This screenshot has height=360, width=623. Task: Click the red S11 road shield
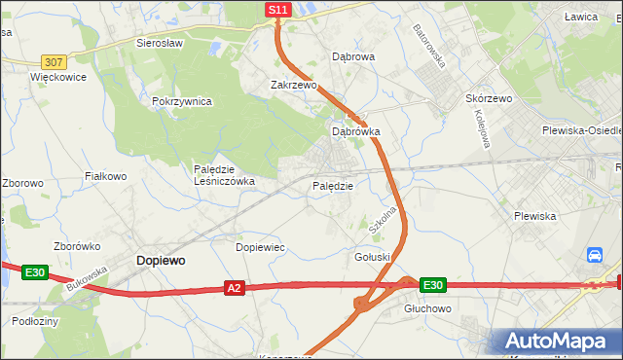coord(278,10)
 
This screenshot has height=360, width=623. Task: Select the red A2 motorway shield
coord(234,288)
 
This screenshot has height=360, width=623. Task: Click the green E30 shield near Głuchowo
coord(433,285)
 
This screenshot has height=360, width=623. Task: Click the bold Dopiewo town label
coord(162,261)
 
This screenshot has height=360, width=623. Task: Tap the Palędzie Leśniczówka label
coord(224,174)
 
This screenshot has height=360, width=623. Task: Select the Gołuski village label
coord(373,256)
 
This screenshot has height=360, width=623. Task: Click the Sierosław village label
coord(161,44)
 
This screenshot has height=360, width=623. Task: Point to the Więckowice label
coord(58,77)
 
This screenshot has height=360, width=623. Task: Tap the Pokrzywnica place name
coord(182,101)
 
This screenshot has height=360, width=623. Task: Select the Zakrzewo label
coord(294,85)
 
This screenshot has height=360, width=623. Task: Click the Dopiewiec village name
coord(261,247)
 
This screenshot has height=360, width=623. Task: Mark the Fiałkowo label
coord(106,176)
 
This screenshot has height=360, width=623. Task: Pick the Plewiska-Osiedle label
coord(582,130)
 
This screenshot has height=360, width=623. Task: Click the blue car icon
coord(594,256)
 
